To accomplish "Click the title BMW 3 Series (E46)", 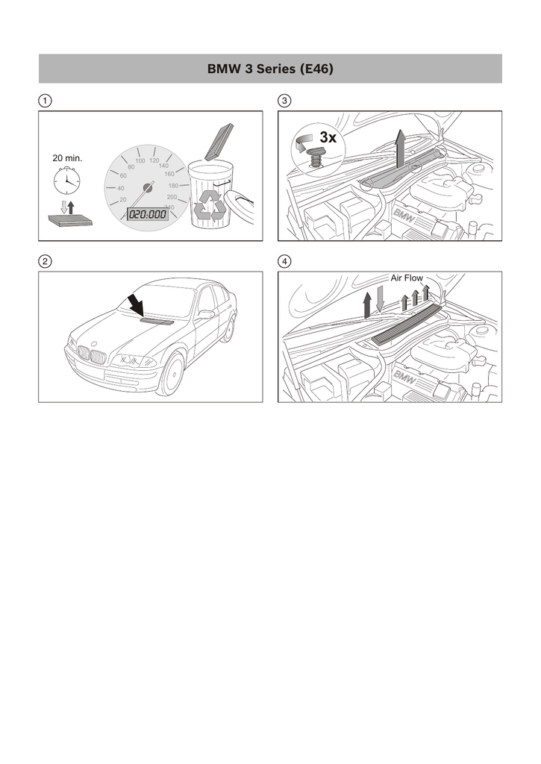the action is click(x=270, y=69).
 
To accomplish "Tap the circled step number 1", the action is click(x=45, y=101).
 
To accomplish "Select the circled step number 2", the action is click(x=45, y=262).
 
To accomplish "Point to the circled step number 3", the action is click(x=284, y=101).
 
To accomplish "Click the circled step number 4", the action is click(x=284, y=262).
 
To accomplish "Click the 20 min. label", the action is click(x=67, y=158).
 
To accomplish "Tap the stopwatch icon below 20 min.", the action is click(x=66, y=181).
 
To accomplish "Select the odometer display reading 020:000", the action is click(x=147, y=214).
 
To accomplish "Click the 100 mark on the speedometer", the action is click(x=140, y=161).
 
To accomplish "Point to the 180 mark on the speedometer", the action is click(x=173, y=186).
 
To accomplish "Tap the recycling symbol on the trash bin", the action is click(x=210, y=204).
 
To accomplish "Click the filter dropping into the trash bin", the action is click(x=220, y=142).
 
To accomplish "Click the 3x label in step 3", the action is click(x=328, y=138).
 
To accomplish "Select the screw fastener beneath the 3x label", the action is click(x=316, y=159).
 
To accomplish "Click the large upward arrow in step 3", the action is click(x=400, y=149).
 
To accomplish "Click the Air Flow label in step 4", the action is click(x=407, y=278).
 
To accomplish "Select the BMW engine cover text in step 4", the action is click(x=405, y=378).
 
